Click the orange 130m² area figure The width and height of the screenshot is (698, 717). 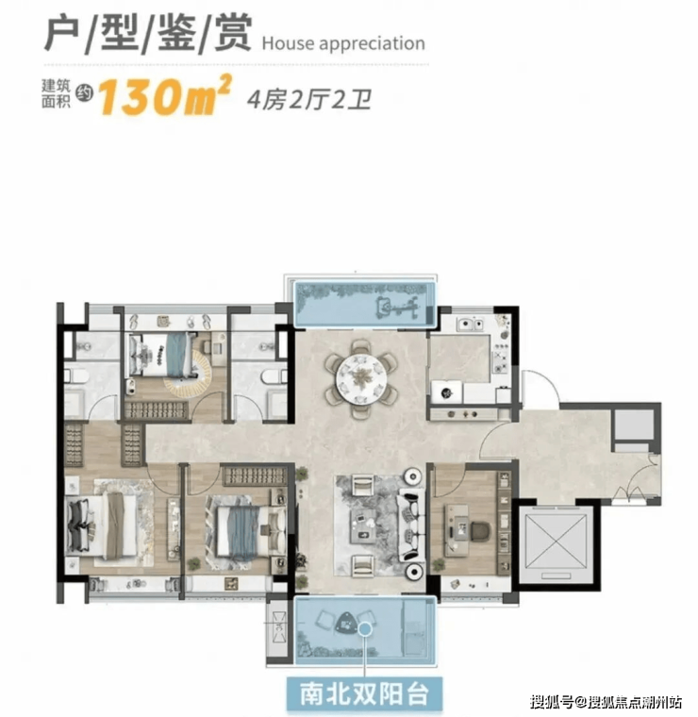[164, 95]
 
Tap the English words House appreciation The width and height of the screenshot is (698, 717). [343, 43]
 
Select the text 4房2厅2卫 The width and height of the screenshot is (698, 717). [309, 100]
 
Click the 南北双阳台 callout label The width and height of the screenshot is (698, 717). [364, 693]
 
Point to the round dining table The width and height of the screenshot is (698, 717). [361, 378]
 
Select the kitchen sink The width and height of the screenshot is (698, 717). [470, 325]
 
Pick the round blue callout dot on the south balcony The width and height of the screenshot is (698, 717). [364, 629]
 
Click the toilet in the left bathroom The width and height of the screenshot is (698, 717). [78, 376]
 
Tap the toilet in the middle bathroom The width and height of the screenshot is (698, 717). [273, 376]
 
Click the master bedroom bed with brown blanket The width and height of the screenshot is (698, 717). [102, 525]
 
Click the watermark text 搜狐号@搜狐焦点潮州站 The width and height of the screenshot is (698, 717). [607, 701]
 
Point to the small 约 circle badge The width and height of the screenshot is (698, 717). [84, 93]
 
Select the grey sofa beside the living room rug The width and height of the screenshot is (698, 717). [412, 525]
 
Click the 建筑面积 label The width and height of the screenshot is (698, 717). [56, 93]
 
